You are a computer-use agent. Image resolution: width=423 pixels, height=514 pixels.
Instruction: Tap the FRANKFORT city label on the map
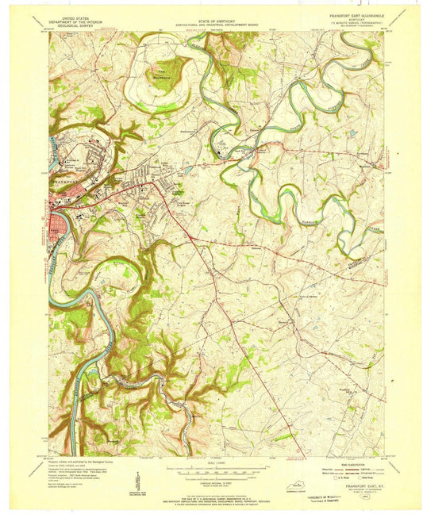64,181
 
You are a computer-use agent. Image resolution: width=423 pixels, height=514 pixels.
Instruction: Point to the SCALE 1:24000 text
212,462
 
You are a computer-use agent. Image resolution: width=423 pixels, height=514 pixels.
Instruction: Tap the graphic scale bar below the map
212,468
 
